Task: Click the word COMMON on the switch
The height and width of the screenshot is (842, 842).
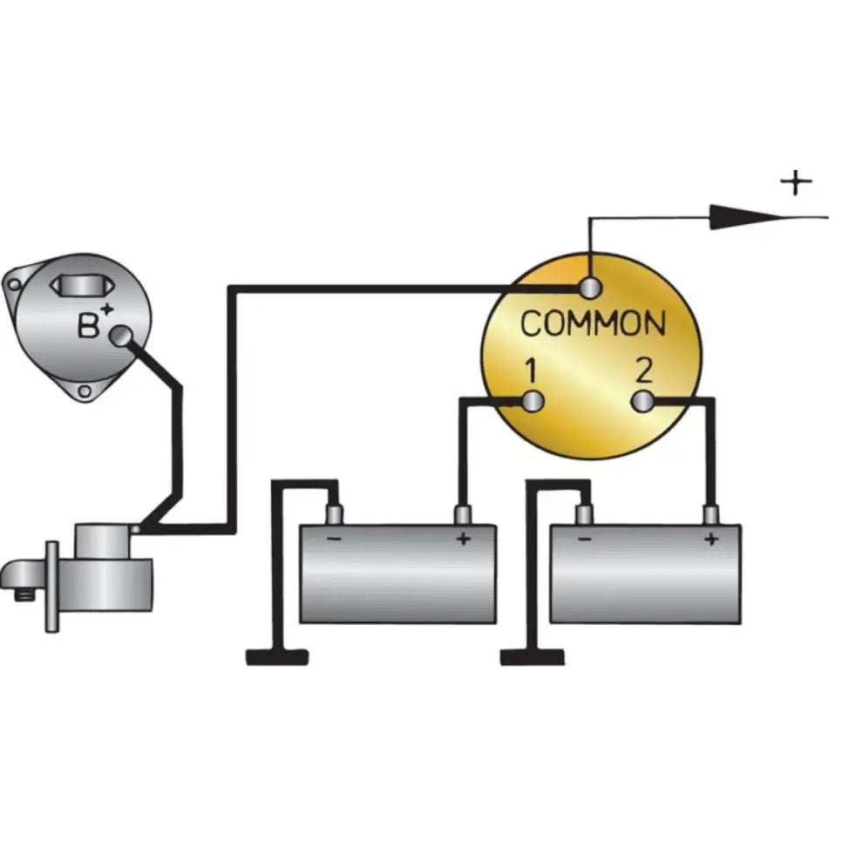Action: pos(593,323)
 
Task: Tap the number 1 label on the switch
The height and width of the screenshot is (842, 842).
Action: pos(531,371)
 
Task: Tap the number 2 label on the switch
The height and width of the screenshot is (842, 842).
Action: pos(643,370)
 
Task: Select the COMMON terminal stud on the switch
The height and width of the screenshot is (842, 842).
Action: pos(590,288)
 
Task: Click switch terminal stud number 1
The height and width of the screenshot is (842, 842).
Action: pos(533,402)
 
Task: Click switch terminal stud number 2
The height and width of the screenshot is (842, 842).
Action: pos(642,402)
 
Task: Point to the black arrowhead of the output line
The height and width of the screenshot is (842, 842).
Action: pos(750,217)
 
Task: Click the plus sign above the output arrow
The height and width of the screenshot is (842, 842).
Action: pos(796,182)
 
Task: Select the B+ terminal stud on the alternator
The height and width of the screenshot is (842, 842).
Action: pos(121,336)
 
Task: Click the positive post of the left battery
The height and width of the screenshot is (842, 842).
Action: pos(463,515)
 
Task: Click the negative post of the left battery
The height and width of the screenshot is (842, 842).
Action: pos(335,515)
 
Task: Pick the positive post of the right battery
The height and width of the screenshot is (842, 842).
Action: pos(711,515)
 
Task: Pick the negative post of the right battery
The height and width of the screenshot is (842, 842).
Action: pos(584,515)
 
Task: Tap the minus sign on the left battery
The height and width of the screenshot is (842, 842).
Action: pos(334,539)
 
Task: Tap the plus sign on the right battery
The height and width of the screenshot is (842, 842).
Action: pos(711,539)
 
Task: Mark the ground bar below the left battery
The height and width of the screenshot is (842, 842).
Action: pos(277,657)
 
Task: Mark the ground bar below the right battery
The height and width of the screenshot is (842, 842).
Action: pos(533,657)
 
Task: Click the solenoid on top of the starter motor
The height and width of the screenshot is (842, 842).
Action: pos(103,541)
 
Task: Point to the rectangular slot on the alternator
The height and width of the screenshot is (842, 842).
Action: pos(82,286)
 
